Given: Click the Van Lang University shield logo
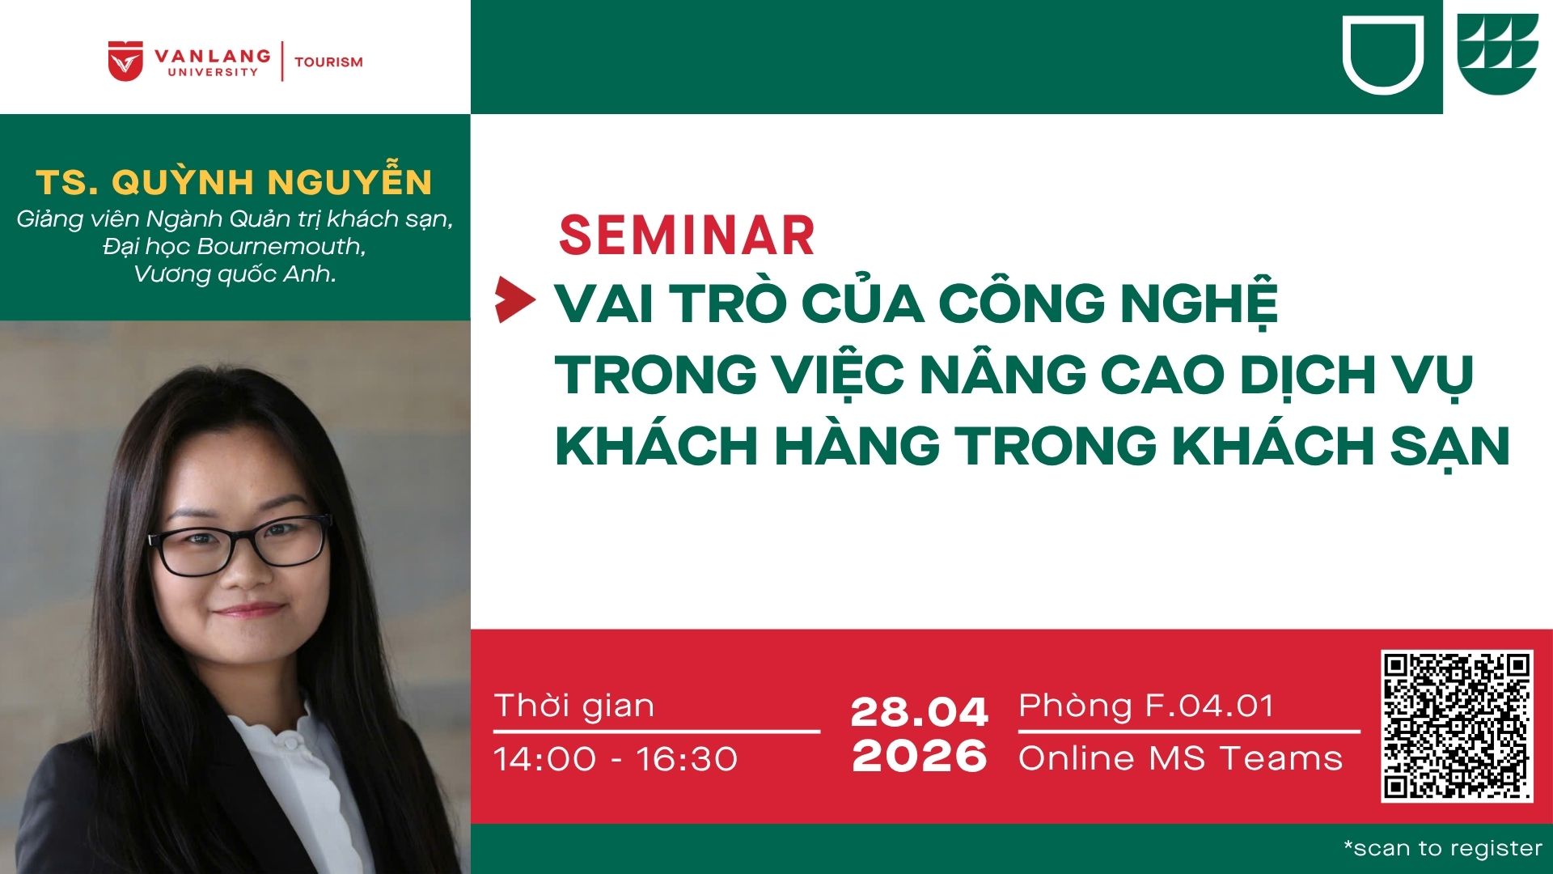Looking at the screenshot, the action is [125, 62].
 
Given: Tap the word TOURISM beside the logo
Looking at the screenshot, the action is [328, 62].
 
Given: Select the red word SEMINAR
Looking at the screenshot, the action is [687, 235].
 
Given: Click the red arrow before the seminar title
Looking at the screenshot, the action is [515, 299].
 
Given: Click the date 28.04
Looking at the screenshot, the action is [920, 712].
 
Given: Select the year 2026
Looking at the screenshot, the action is [920, 756].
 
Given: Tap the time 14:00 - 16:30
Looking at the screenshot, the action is [616, 759].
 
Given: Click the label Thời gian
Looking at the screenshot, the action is [574, 706].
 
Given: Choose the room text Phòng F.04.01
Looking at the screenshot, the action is [1146, 706].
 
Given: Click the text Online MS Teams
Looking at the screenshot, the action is [1180, 758].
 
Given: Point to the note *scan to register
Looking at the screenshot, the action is [1443, 848].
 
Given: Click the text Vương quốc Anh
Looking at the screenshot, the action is [235, 274].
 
